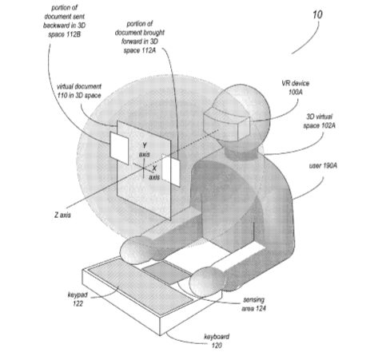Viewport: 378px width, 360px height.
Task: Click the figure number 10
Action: (x=317, y=14)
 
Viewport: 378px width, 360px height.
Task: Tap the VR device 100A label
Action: (x=296, y=88)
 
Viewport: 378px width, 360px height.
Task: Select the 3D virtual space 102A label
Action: (x=319, y=121)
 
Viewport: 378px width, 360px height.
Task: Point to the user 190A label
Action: (x=323, y=166)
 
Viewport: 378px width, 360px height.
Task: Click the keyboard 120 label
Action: (x=217, y=341)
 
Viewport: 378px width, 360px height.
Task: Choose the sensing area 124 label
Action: (x=253, y=304)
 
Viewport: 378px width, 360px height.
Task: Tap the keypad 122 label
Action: (x=78, y=299)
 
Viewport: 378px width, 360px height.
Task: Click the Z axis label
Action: (x=62, y=215)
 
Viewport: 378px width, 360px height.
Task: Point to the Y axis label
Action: (x=145, y=150)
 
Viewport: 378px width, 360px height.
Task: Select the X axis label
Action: (x=154, y=172)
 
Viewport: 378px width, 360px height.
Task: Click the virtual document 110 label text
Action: (x=79, y=91)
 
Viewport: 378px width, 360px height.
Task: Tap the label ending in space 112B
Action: (x=65, y=21)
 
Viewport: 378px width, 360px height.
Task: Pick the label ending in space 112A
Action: (x=140, y=37)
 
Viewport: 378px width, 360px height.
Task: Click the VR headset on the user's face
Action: (x=227, y=125)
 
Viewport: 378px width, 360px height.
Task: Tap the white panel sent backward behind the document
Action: (x=119, y=148)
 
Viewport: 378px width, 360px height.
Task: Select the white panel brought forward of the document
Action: (x=171, y=170)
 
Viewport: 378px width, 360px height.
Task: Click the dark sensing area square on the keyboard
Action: (x=167, y=271)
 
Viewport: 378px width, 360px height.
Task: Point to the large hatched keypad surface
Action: (x=141, y=284)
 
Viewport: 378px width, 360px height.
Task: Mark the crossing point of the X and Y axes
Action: (x=143, y=168)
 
